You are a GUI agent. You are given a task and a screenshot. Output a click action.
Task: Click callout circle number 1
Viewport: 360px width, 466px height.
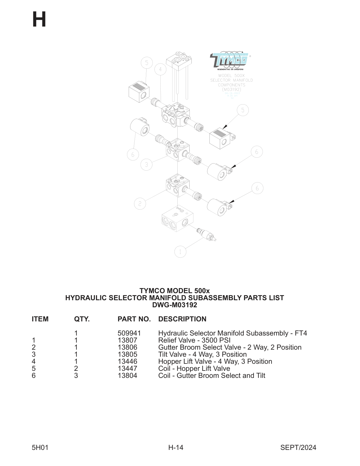(180, 252)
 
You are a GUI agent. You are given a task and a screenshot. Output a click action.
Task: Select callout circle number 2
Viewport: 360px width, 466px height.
(140, 204)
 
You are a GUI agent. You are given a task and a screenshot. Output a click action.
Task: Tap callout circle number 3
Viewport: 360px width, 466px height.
(146, 165)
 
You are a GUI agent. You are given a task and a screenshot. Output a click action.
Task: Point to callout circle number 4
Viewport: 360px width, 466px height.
(160, 69)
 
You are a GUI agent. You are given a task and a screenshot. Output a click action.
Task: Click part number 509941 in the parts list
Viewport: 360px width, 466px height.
(129, 333)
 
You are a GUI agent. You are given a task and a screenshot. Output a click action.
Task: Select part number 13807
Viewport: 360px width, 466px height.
(127, 340)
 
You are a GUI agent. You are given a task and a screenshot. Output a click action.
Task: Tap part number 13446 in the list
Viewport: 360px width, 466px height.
(127, 362)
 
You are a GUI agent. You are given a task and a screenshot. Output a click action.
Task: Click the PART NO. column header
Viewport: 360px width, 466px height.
(134, 319)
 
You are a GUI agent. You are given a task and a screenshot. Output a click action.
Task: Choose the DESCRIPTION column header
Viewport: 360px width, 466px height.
(182, 319)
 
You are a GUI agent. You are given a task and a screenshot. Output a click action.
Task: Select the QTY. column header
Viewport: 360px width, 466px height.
(82, 319)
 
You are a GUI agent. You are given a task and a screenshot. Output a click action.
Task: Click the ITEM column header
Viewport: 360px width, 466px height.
(40, 319)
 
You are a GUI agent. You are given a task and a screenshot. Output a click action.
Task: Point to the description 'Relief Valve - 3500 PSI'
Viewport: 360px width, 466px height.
(194, 340)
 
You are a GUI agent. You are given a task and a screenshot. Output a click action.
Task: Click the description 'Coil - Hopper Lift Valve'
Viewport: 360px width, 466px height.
(194, 369)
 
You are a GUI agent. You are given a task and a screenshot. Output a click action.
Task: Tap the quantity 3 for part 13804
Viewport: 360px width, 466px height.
(76, 376)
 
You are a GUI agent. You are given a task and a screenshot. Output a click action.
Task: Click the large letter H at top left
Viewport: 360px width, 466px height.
(39, 19)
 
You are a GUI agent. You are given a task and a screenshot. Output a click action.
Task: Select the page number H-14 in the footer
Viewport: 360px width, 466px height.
(176, 447)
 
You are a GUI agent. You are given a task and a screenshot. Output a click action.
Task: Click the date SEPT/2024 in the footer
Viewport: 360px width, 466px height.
(298, 447)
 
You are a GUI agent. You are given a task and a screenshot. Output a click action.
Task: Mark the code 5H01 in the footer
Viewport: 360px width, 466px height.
(40, 447)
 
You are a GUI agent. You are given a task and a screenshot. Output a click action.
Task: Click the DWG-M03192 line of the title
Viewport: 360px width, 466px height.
(174, 305)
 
